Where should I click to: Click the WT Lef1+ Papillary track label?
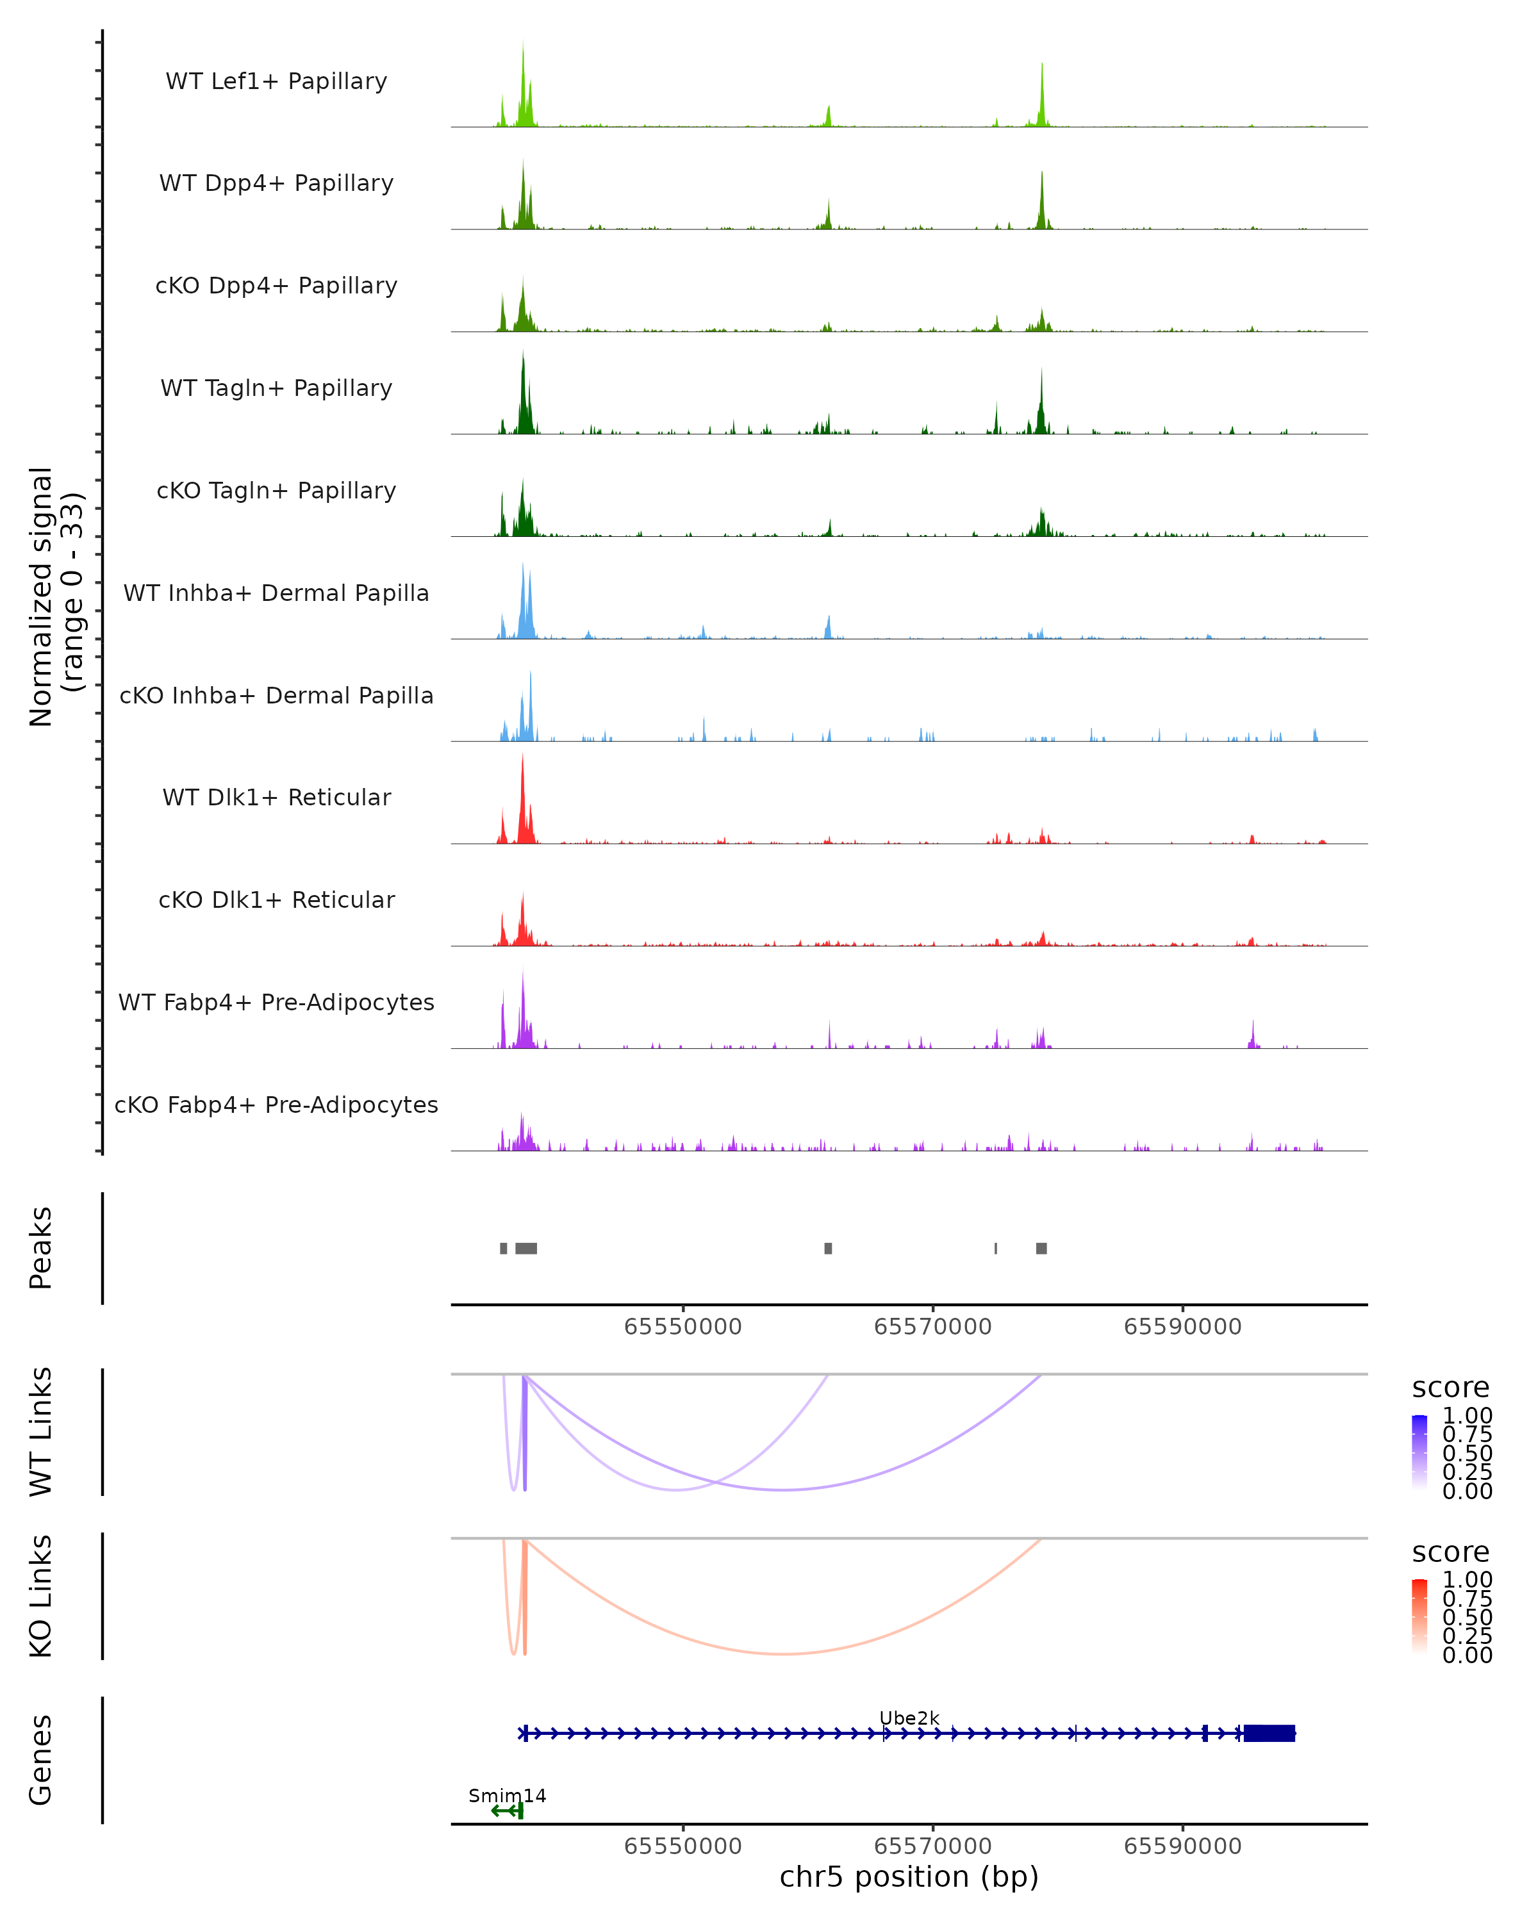click(x=276, y=81)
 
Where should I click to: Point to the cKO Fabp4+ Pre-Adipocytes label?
click(x=276, y=1105)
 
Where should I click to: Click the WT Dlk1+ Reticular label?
click(x=276, y=797)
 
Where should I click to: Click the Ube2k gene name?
click(x=909, y=1718)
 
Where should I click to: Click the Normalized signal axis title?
click(x=55, y=596)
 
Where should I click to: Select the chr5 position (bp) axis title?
click(x=909, y=1877)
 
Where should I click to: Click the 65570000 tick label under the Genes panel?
click(x=932, y=1845)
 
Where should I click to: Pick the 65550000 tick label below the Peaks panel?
click(x=683, y=1327)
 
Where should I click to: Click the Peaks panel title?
click(x=41, y=1248)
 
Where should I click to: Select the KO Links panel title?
click(x=41, y=1596)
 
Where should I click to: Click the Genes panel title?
click(x=41, y=1760)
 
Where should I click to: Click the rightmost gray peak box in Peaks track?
click(x=1041, y=1248)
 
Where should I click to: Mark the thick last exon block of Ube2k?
click(x=1269, y=1733)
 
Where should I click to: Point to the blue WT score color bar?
click(x=1419, y=1451)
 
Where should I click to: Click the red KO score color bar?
click(x=1419, y=1615)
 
